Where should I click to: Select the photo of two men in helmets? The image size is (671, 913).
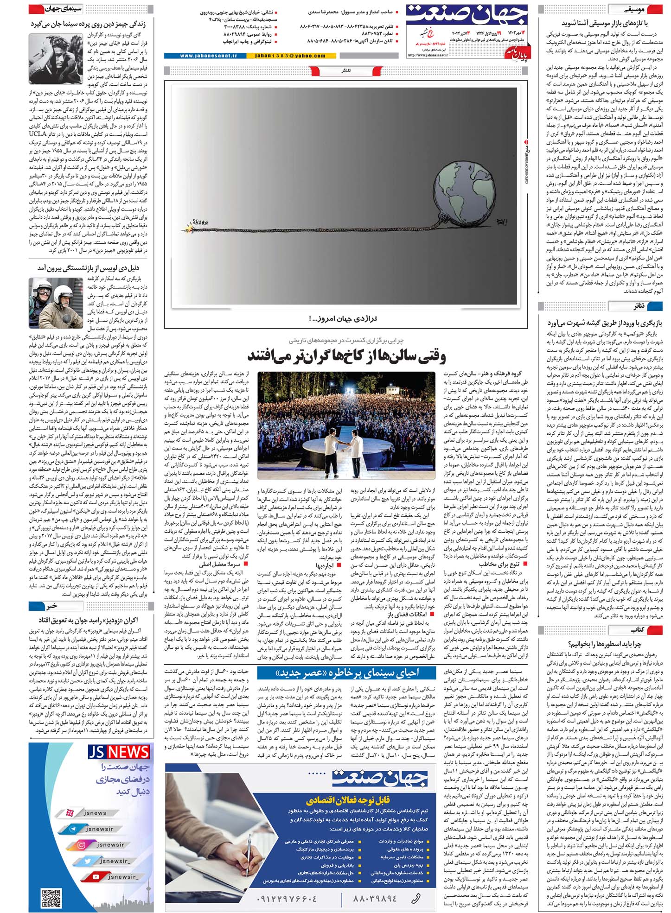point(56,303)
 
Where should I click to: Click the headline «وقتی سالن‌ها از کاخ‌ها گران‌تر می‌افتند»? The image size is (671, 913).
point(346,356)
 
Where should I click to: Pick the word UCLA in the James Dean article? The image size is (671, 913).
point(38,134)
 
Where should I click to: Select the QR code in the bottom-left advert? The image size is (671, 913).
point(51,896)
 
